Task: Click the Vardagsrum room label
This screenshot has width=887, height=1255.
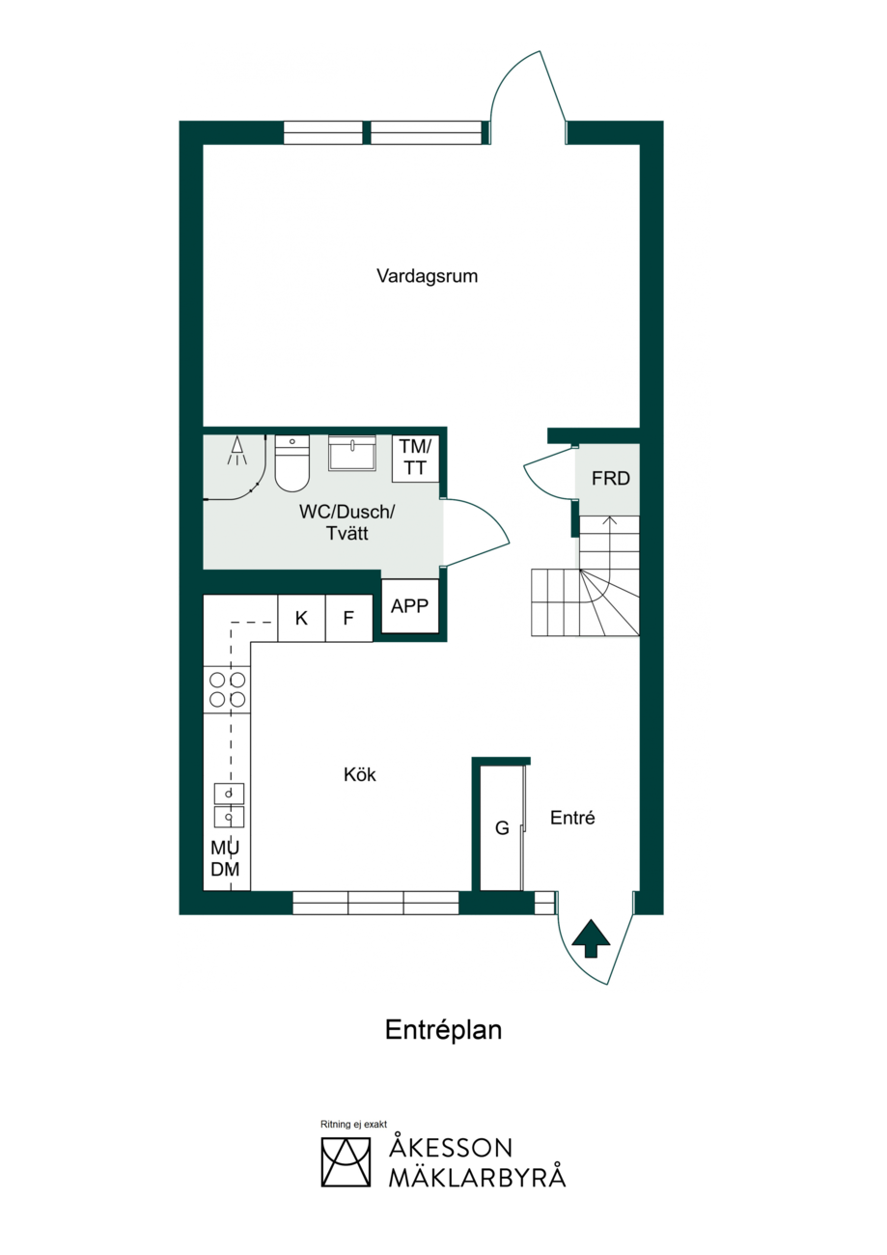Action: click(427, 277)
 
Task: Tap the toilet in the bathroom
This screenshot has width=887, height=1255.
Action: click(291, 463)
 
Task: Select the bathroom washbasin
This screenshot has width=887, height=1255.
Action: click(351, 453)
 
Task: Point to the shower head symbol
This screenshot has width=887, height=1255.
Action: click(236, 452)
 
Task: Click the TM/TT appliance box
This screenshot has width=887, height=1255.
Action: click(415, 458)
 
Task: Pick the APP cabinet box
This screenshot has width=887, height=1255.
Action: click(410, 605)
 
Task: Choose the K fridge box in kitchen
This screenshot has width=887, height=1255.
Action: click(301, 618)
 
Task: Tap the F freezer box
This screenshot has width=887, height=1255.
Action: click(348, 618)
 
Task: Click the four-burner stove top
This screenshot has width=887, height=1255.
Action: click(227, 689)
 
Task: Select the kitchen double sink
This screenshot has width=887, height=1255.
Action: click(229, 805)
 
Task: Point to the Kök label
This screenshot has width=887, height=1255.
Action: click(359, 775)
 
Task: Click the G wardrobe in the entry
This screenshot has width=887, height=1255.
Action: click(502, 827)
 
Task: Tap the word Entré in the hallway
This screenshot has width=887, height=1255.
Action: click(572, 818)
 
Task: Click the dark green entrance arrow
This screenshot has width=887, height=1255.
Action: click(591, 938)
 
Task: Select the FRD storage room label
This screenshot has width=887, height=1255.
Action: click(610, 479)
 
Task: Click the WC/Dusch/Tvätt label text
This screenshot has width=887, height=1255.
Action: click(347, 522)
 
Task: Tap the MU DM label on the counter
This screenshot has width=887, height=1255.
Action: click(225, 859)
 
